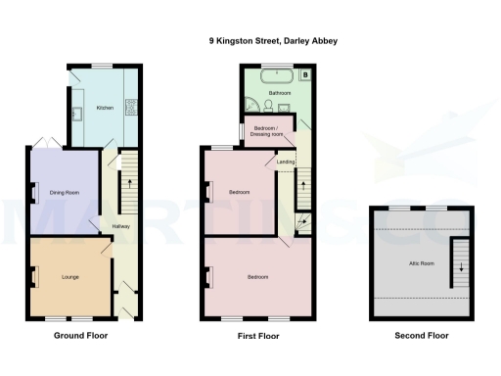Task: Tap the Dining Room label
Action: click(65, 193)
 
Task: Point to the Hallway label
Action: click(120, 226)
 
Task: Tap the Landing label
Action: click(286, 163)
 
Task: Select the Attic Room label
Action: click(421, 263)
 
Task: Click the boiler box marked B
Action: click(304, 74)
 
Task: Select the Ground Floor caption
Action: click(80, 336)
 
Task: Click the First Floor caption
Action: click(257, 336)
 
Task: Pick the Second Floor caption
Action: click(421, 336)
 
